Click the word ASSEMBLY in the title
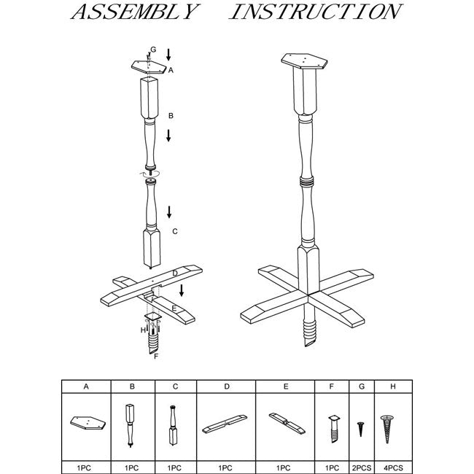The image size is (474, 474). coord(136,12)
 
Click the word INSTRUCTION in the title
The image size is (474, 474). coord(315,12)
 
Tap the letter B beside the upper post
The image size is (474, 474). coord(171,116)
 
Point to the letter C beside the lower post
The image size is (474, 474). coord(174,231)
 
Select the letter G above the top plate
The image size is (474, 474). coord(153,49)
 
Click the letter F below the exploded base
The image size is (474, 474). coord(155,356)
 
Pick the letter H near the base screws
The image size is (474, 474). coord(143,330)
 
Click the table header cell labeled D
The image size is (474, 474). coord(227,386)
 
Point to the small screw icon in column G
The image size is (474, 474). coord(360,429)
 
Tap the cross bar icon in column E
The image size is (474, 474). coord(284,422)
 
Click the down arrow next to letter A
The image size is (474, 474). coord(169,54)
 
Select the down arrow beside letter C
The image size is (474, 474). coord(169,212)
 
